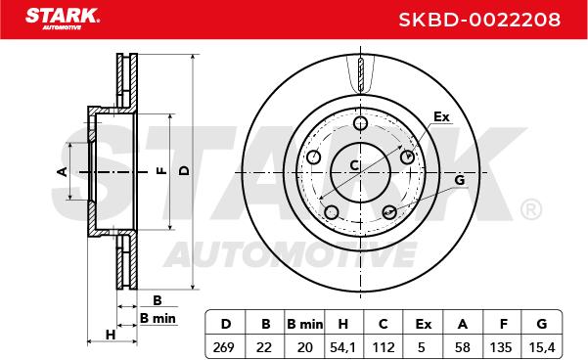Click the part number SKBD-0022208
[x=479, y=20]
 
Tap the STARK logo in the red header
[x=63, y=19]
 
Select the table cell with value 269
[x=223, y=347]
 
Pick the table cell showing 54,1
[x=342, y=347]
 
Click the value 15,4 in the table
[x=541, y=347]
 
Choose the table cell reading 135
[x=501, y=347]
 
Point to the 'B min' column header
[x=304, y=324]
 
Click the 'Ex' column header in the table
[x=424, y=324]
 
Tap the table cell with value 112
[x=384, y=347]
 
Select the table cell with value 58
[x=463, y=347]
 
